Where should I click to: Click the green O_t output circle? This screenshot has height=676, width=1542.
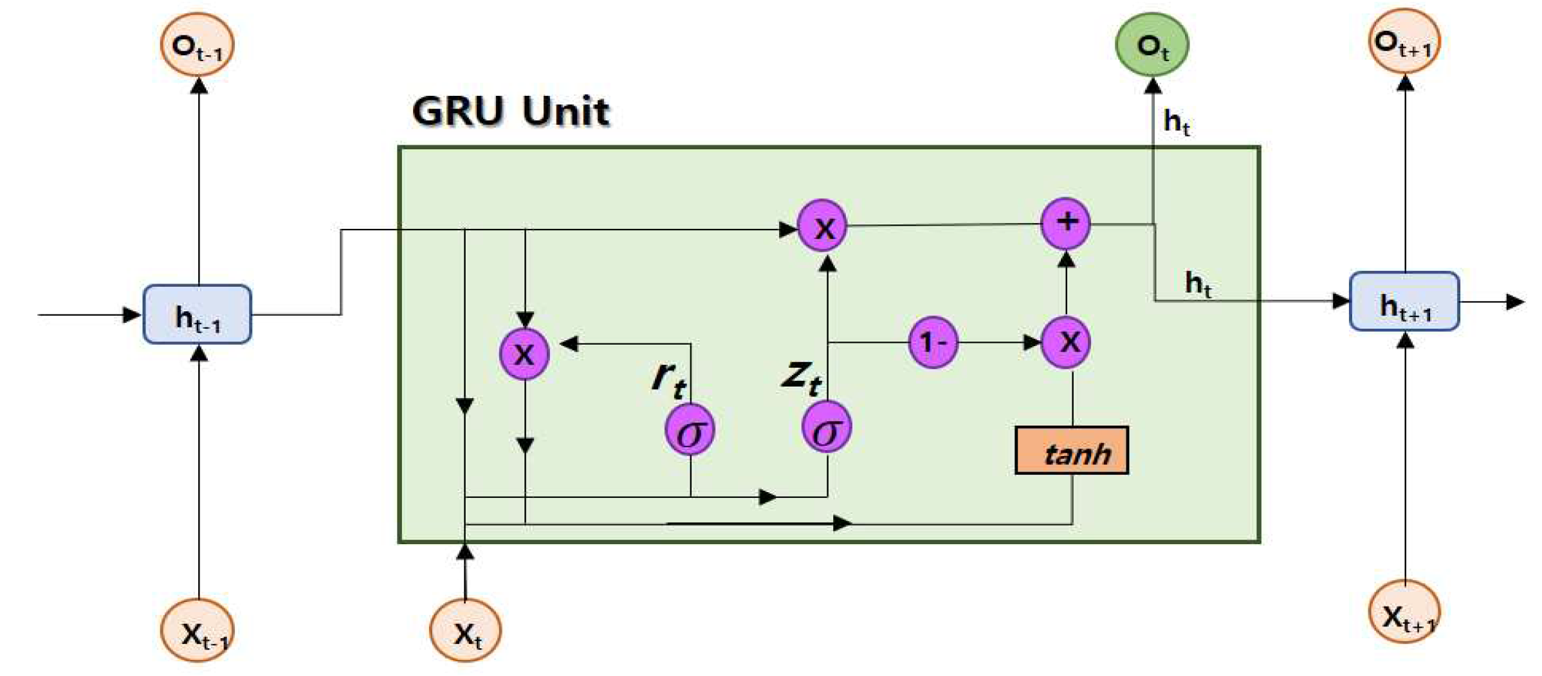tap(1152, 45)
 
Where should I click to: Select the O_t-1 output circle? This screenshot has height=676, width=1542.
tap(197, 46)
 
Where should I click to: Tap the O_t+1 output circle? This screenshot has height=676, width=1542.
tap(1404, 42)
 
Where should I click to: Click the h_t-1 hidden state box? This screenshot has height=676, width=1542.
tap(197, 315)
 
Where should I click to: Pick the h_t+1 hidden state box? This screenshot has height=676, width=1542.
tap(1404, 302)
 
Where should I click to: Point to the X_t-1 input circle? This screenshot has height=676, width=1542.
tap(197, 631)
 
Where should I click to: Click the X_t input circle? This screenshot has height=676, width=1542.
tap(465, 631)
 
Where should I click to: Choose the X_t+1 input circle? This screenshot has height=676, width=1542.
tap(1404, 612)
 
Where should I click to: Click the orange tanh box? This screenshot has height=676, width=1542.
tap(1071, 451)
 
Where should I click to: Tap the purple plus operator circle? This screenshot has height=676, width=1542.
tap(1065, 223)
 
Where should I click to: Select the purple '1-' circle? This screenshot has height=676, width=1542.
tap(933, 342)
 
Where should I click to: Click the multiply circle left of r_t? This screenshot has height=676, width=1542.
tap(524, 353)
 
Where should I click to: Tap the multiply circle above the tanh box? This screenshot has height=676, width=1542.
tap(1065, 342)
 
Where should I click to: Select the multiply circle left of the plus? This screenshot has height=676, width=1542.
tap(823, 226)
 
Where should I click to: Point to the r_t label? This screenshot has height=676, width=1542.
tap(668, 378)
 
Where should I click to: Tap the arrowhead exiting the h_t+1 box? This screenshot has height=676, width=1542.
tap(1515, 302)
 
